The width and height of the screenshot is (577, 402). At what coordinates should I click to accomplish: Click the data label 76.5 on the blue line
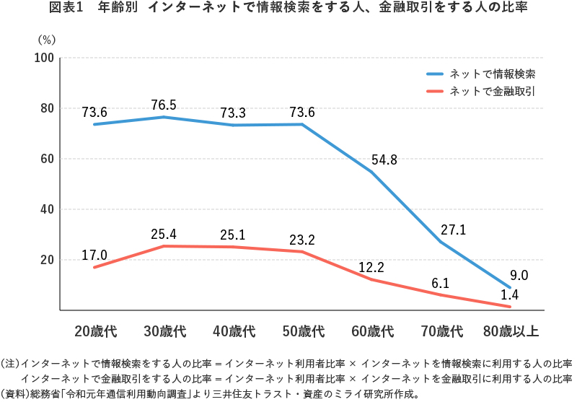tap(164, 105)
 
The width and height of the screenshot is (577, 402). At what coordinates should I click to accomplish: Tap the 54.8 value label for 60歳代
tap(384, 160)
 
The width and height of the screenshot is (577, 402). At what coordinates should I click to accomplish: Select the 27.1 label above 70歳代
tap(454, 230)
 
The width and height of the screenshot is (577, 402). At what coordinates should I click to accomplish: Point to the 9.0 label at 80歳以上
tap(519, 275)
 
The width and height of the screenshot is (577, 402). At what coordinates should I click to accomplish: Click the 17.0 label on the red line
tap(94, 255)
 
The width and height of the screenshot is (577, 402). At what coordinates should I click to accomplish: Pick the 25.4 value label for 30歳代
tap(164, 234)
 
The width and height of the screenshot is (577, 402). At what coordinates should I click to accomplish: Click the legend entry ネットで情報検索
tap(491, 74)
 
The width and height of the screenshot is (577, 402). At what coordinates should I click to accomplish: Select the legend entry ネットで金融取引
tap(491, 91)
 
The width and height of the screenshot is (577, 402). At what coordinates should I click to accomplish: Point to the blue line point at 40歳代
tap(233, 125)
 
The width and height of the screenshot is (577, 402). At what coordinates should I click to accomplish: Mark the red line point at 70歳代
tap(441, 295)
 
